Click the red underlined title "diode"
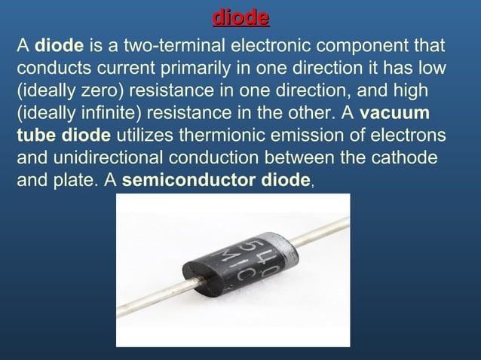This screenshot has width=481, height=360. pos(240,16)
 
